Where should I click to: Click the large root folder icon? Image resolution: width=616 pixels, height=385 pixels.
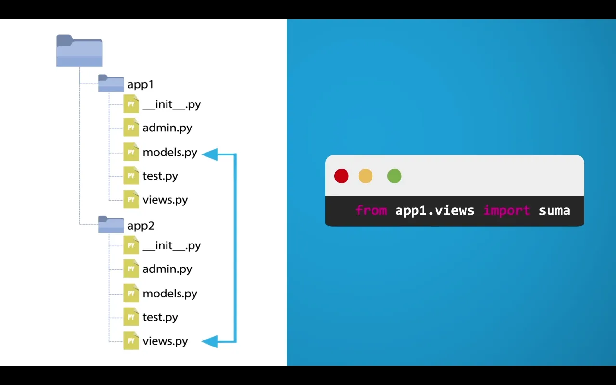[x=79, y=51]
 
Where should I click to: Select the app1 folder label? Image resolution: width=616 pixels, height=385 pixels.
[x=141, y=84]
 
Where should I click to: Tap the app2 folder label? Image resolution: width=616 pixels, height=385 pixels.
[x=141, y=226]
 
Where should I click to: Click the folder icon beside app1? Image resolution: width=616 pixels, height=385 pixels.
[x=111, y=83]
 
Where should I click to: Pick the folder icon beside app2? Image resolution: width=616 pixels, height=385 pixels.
[x=111, y=225]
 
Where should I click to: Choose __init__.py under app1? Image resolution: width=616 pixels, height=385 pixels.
[x=171, y=104]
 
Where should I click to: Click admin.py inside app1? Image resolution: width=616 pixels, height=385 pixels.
[x=167, y=128]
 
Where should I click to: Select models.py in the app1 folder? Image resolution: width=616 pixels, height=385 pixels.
[x=170, y=152]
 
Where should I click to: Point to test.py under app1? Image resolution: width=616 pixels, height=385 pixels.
[x=160, y=176]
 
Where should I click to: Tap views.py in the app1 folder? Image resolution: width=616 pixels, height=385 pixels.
[x=165, y=199]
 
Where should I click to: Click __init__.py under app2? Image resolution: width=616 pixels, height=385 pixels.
[x=171, y=245]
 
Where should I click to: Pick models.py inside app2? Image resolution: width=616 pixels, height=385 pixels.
[x=170, y=293]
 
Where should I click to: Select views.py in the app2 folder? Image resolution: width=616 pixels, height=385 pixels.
[x=165, y=341]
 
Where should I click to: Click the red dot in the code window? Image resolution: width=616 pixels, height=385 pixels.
[x=342, y=176]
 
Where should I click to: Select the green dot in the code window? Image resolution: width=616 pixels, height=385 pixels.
[x=394, y=176]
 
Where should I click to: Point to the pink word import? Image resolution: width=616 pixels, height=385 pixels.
[x=506, y=210]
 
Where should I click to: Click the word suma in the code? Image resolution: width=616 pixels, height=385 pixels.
[x=554, y=210]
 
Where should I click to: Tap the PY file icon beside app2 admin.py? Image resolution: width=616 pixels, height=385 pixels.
[x=131, y=269]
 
